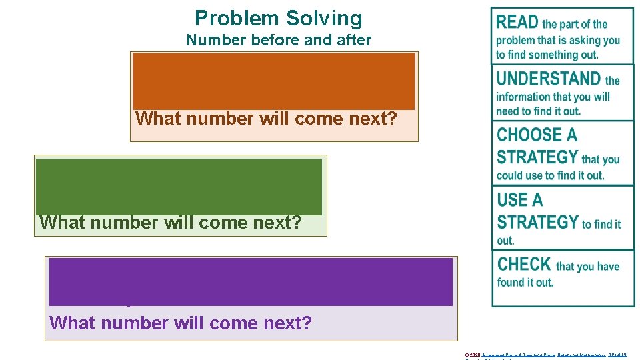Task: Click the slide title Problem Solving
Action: tap(279, 18)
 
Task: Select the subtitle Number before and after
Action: tap(279, 40)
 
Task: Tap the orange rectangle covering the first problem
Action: tap(274, 81)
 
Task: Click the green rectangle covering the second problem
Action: tap(179, 186)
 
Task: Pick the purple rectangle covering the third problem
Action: tap(251, 281)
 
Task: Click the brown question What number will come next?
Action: tap(267, 119)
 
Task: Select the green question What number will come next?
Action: tap(171, 222)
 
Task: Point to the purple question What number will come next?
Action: tap(181, 323)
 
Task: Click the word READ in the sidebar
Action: tap(517, 23)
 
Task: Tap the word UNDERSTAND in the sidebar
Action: tap(548, 79)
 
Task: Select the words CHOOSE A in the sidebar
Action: tap(537, 135)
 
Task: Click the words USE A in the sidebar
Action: tap(520, 200)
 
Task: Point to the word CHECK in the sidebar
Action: tap(524, 264)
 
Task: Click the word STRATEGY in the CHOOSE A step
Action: tap(537, 158)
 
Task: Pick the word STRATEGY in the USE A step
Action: tap(537, 222)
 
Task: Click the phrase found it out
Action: tap(525, 282)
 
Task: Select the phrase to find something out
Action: tap(547, 55)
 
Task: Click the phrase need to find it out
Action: tap(538, 111)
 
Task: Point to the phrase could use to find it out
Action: tap(550, 175)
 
